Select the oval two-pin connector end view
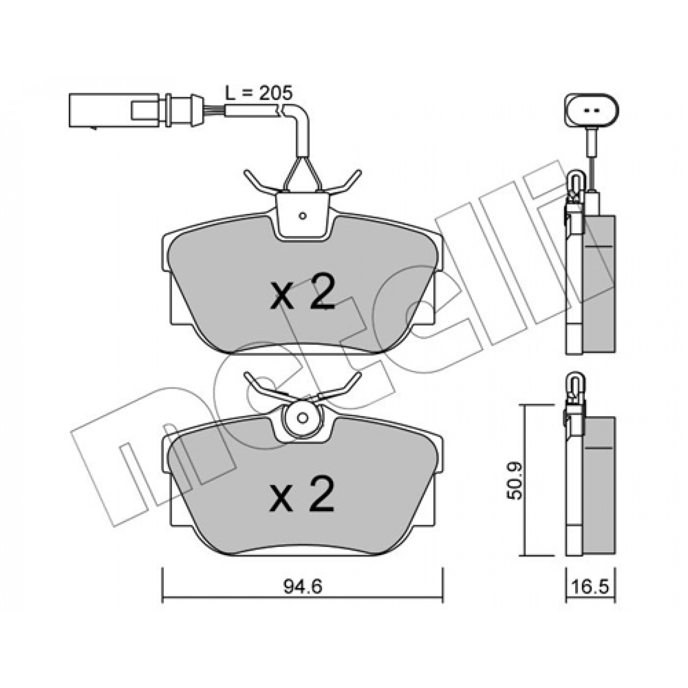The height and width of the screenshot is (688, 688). click(x=591, y=111)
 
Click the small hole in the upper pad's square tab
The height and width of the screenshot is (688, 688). click(x=303, y=215)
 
